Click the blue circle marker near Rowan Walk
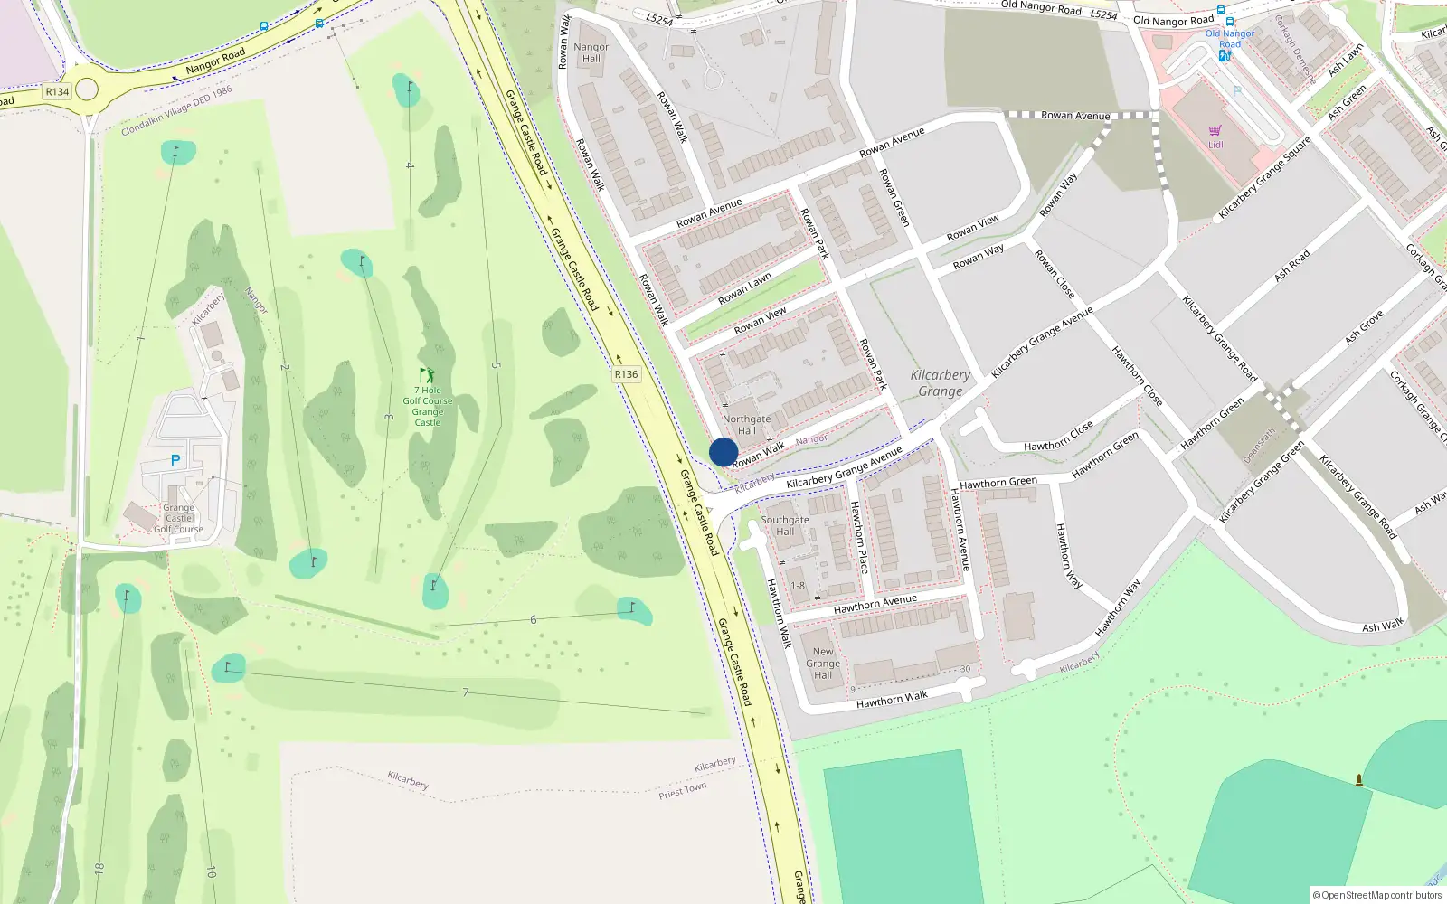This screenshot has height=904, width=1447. [723, 452]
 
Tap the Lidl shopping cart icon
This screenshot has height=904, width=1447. [1215, 131]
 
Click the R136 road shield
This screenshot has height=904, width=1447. [626, 374]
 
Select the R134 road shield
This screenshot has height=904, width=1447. [57, 91]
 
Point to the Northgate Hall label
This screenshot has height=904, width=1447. [746, 425]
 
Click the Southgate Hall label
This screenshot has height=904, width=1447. [784, 525]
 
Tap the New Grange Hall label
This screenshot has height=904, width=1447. [823, 663]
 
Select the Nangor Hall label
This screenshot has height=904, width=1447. [591, 52]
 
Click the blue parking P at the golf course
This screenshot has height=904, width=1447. [175, 460]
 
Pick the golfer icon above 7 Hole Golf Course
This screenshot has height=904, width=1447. [427, 375]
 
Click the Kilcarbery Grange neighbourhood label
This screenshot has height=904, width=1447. [941, 383]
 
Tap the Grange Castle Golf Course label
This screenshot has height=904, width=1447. [178, 519]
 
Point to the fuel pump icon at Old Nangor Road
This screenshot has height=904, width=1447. [1225, 55]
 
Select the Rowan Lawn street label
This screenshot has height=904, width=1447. [744, 288]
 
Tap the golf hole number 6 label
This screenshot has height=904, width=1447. [533, 620]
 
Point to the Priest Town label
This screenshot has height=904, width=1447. [682, 791]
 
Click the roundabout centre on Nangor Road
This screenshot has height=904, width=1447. [87, 89]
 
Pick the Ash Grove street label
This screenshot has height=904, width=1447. [1364, 327]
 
